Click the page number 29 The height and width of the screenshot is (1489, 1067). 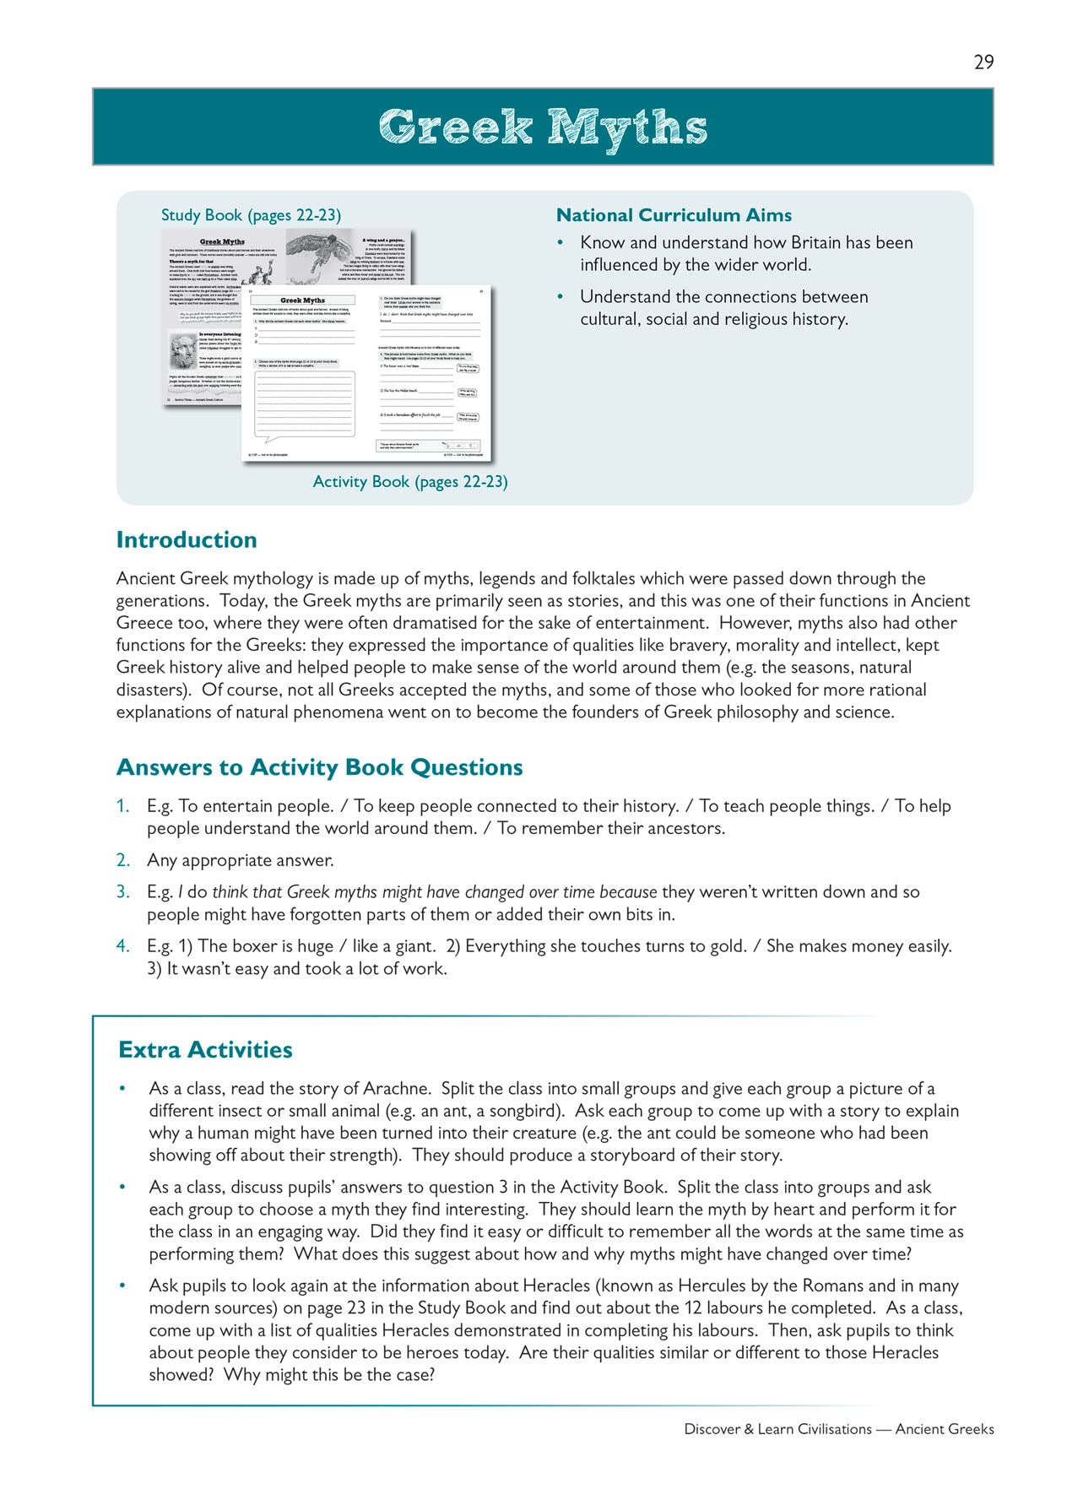(x=983, y=62)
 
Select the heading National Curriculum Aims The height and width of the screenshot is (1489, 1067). (x=674, y=215)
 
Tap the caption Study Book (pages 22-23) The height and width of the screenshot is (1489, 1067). (x=251, y=215)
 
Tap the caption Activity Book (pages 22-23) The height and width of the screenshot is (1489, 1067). (x=410, y=482)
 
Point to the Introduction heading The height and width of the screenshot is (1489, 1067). (x=187, y=540)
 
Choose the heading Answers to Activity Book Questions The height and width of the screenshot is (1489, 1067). (x=319, y=767)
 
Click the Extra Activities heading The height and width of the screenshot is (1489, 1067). (x=205, y=1050)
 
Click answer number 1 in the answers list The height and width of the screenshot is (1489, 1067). (x=123, y=806)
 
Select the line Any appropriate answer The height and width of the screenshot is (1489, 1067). (x=241, y=860)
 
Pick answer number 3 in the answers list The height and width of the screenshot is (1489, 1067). (x=123, y=891)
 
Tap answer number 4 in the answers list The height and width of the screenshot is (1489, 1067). (x=123, y=946)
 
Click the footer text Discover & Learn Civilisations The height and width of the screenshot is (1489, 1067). (x=777, y=1429)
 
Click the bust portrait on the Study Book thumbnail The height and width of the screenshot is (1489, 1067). (x=182, y=352)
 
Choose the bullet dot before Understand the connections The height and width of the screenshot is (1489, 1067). (x=560, y=297)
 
